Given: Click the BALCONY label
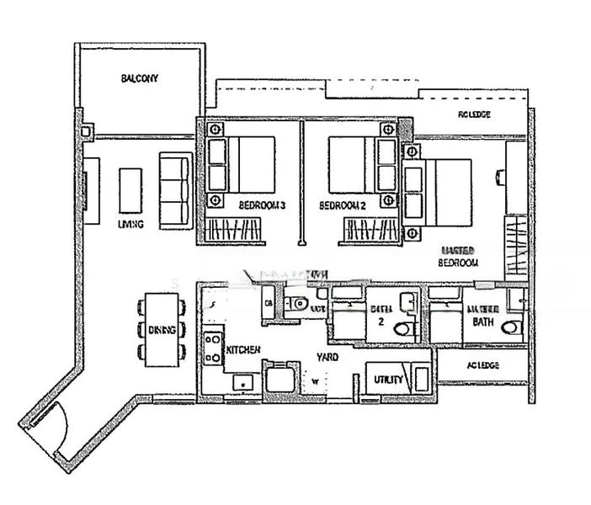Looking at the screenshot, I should [139, 78].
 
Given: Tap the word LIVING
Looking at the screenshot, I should [130, 224].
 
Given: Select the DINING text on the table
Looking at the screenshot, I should [162, 330].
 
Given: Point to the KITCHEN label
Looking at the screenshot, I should [242, 349].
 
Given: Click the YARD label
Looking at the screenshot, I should [328, 358].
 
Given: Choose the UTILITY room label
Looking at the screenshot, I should [388, 381].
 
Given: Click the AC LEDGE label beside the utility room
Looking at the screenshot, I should [482, 365].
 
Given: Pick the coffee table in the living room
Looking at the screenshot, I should [130, 190].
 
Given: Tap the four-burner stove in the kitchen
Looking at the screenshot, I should [212, 348].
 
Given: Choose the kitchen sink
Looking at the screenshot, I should [243, 384].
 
